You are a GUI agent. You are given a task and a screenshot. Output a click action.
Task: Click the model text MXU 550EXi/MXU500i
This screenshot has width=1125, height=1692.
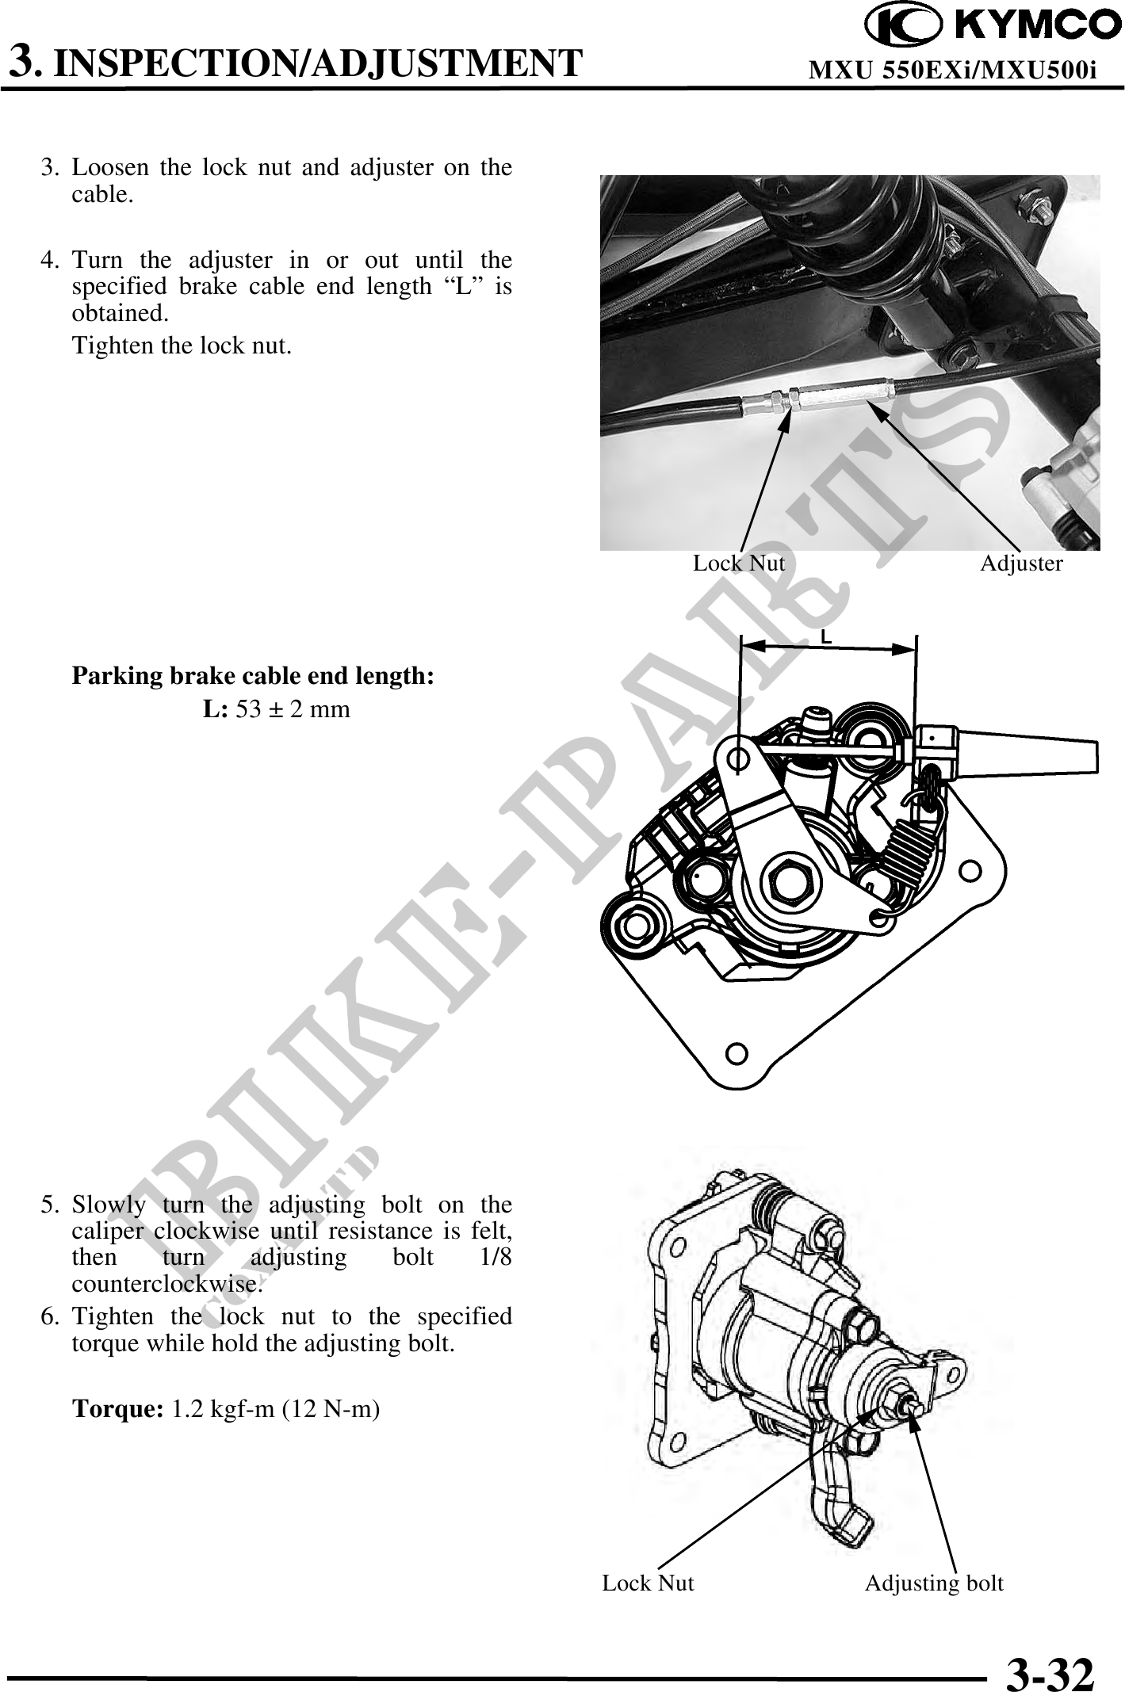coord(952,71)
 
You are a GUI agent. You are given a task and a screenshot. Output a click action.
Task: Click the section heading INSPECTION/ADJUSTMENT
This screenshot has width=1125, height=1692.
coord(321,63)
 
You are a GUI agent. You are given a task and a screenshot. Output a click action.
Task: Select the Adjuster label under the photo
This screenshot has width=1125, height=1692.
coord(1021,563)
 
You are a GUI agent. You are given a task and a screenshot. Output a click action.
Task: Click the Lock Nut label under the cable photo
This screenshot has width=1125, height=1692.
coord(739,563)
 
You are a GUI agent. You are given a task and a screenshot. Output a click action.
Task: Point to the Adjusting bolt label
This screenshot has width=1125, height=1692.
coord(934,1583)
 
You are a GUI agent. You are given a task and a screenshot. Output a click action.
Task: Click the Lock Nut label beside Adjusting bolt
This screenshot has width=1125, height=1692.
coord(648,1583)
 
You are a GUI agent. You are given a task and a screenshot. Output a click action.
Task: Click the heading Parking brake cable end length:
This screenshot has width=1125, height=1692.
coord(253,677)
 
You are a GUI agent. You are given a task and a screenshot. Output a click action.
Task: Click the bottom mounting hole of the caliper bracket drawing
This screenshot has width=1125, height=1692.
coord(737,1052)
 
